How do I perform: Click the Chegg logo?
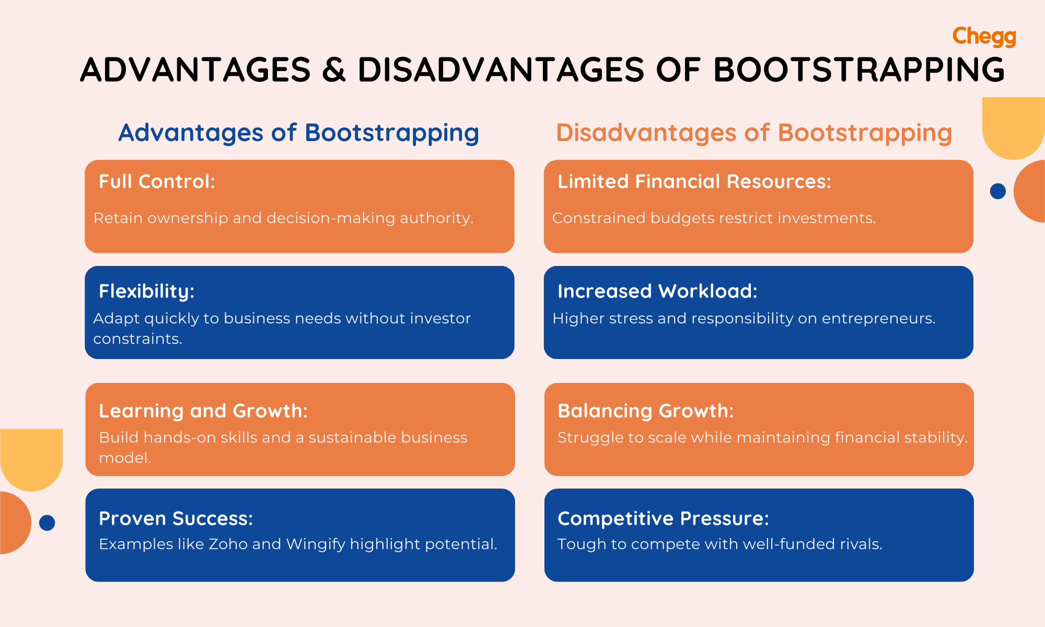pyautogui.click(x=984, y=37)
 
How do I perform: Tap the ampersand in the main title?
pyautogui.click(x=334, y=70)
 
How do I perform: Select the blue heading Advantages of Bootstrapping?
pyautogui.click(x=298, y=133)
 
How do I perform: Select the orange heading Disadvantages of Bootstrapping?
pyautogui.click(x=754, y=133)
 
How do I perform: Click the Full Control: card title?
pyautogui.click(x=157, y=182)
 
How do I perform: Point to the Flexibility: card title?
pyautogui.click(x=146, y=292)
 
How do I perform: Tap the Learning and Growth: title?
pyautogui.click(x=203, y=411)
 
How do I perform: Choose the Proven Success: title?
pyautogui.click(x=176, y=519)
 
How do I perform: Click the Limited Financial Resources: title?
pyautogui.click(x=694, y=182)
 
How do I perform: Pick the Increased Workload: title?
pyautogui.click(x=657, y=292)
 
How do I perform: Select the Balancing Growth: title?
pyautogui.click(x=645, y=411)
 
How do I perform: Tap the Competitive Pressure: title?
pyautogui.click(x=663, y=519)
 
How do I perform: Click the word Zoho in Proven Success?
pyautogui.click(x=228, y=544)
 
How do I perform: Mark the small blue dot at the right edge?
pyautogui.click(x=997, y=191)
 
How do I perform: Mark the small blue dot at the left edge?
pyautogui.click(x=47, y=522)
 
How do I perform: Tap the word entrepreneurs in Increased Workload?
pyautogui.click(x=878, y=319)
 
